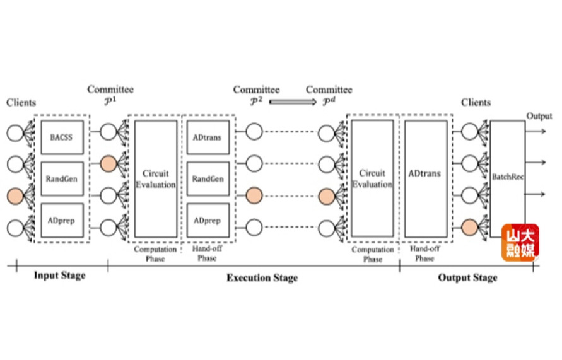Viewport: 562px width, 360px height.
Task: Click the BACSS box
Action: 62,137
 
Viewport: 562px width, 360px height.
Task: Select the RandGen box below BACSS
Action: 62,178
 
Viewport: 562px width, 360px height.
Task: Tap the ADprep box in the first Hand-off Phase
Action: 208,221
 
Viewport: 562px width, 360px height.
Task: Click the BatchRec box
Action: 508,178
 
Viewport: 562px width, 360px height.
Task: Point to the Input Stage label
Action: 59,276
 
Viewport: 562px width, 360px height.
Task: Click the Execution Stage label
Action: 262,277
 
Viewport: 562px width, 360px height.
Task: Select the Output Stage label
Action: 467,277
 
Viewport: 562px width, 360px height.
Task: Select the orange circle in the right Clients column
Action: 469,225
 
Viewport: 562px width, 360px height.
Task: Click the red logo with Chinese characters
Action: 520,242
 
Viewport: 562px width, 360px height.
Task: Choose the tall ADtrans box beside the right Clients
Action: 424,178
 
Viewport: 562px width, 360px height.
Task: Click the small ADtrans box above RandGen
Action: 208,137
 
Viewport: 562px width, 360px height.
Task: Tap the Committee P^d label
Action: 329,95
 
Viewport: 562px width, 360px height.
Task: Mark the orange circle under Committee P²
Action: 254,195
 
